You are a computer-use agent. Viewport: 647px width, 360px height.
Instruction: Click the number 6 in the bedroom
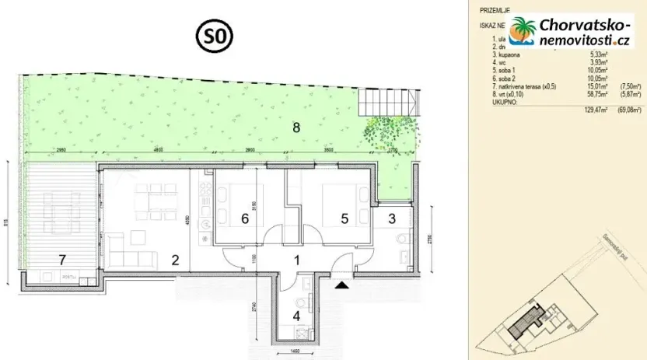point(244,219)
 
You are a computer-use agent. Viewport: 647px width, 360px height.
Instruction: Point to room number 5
point(344,219)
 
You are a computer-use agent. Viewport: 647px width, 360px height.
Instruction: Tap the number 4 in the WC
point(296,316)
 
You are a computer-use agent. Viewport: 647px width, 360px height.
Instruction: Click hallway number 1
point(296,261)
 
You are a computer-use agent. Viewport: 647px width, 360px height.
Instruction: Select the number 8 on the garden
point(296,128)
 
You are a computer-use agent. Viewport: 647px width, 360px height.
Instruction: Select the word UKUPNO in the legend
point(495,102)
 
